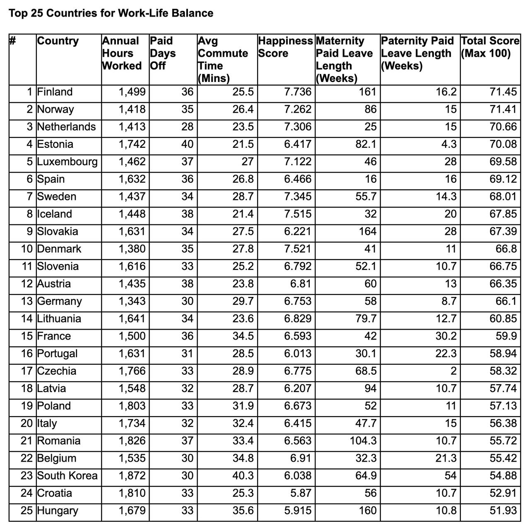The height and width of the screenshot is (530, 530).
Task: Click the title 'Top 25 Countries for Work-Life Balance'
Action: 111,13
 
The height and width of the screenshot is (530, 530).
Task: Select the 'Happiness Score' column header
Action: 285,47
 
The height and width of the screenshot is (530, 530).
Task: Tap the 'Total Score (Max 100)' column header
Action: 490,47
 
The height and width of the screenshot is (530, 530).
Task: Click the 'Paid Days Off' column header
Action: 163,53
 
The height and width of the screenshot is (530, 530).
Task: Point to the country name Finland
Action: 55,92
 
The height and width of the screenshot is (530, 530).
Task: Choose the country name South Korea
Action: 67,476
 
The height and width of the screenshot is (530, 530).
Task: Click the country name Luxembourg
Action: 67,161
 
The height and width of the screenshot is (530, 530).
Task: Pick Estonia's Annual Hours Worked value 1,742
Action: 132,144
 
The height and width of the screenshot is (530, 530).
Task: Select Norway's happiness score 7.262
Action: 298,109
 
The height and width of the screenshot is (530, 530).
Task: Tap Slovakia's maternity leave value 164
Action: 368,231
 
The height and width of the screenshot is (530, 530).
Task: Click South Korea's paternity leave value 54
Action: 450,476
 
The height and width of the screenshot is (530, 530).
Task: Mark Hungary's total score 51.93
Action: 503,511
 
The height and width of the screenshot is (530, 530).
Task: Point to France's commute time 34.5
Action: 243,336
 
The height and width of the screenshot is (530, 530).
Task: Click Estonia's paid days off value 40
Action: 187,144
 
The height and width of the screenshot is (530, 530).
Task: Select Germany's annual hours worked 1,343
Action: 132,301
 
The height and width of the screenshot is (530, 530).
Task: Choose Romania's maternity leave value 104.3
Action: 363,441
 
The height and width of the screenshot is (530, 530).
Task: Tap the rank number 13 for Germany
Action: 27,301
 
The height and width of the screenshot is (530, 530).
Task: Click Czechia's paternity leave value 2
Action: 453,371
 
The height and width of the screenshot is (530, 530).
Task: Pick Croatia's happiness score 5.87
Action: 301,493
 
